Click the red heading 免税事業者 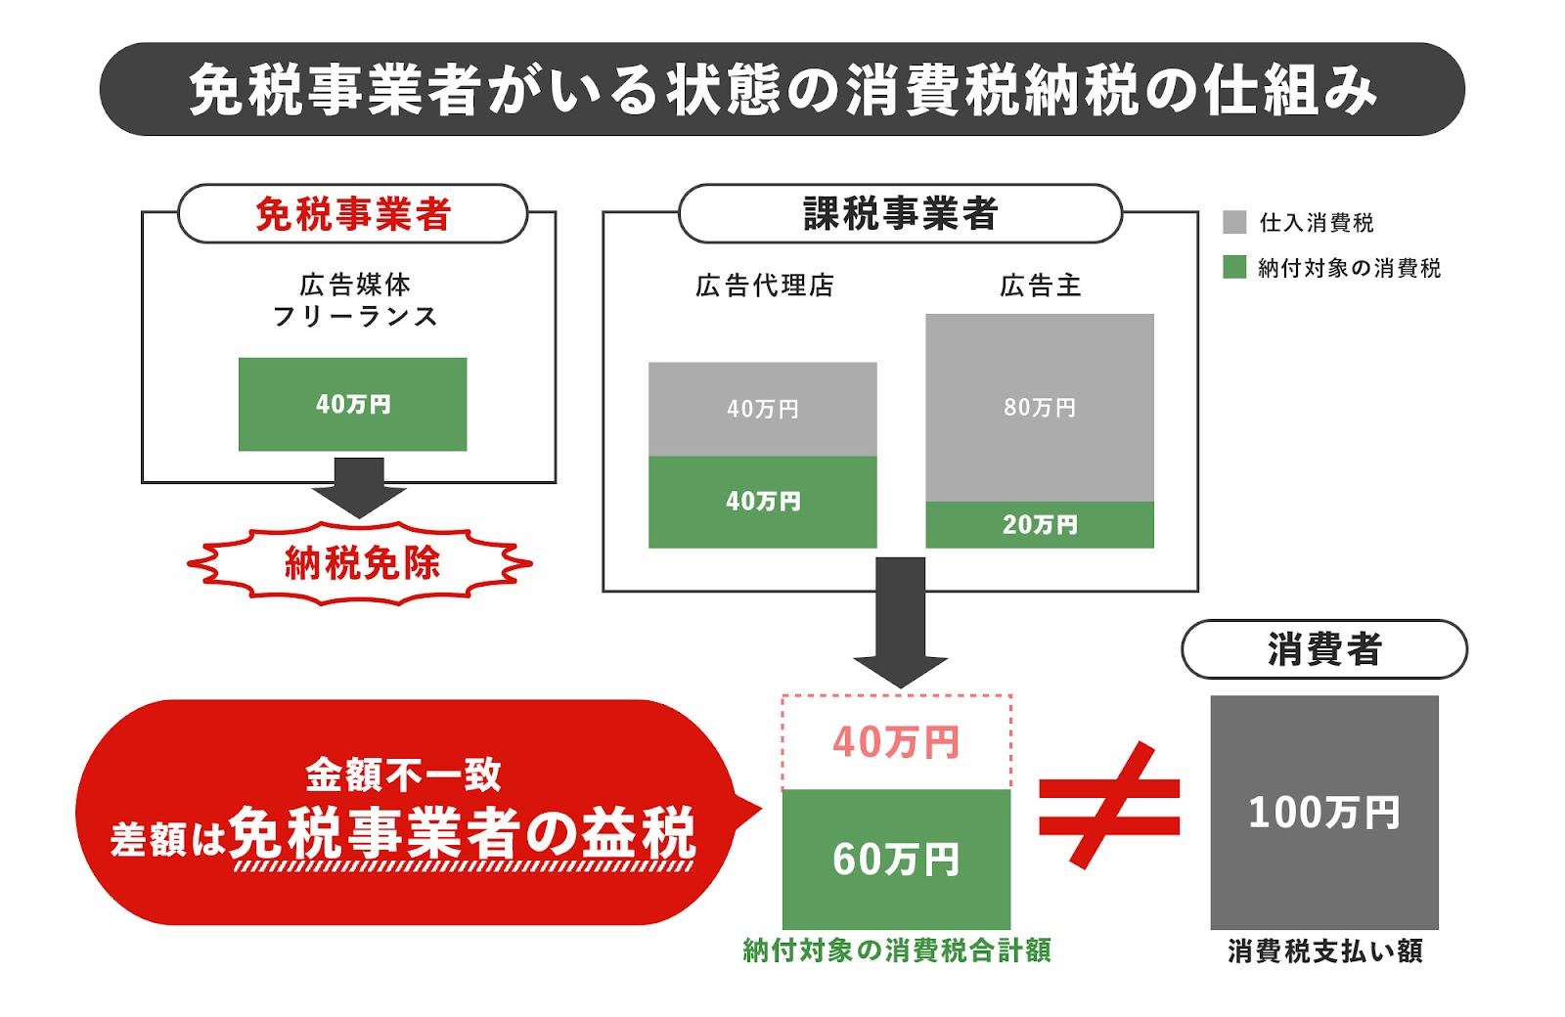pyautogui.click(x=352, y=214)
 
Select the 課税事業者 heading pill pyautogui.click(x=900, y=214)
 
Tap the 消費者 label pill pyautogui.click(x=1324, y=649)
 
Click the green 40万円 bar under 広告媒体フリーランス pyautogui.click(x=352, y=404)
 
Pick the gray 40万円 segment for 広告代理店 pyautogui.click(x=762, y=409)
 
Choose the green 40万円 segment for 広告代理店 pyautogui.click(x=762, y=502)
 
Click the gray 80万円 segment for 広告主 pyautogui.click(x=1040, y=407)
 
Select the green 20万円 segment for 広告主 pyautogui.click(x=1040, y=525)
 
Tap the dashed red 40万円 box pyautogui.click(x=896, y=742)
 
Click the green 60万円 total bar pyautogui.click(x=896, y=860)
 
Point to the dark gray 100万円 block pyautogui.click(x=1324, y=812)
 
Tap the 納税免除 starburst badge pyautogui.click(x=360, y=563)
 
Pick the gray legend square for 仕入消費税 pyautogui.click(x=1234, y=222)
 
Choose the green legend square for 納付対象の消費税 pyautogui.click(x=1234, y=267)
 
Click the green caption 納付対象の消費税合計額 pyautogui.click(x=896, y=950)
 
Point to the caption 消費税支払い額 pyautogui.click(x=1324, y=951)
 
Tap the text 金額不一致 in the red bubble pyautogui.click(x=403, y=775)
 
